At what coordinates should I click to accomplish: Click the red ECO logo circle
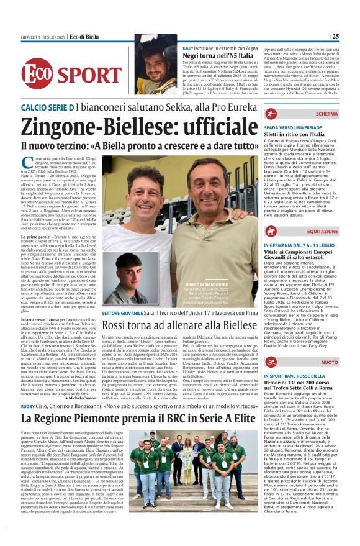click(x=37, y=73)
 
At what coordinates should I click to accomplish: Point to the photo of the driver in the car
click(x=156, y=64)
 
